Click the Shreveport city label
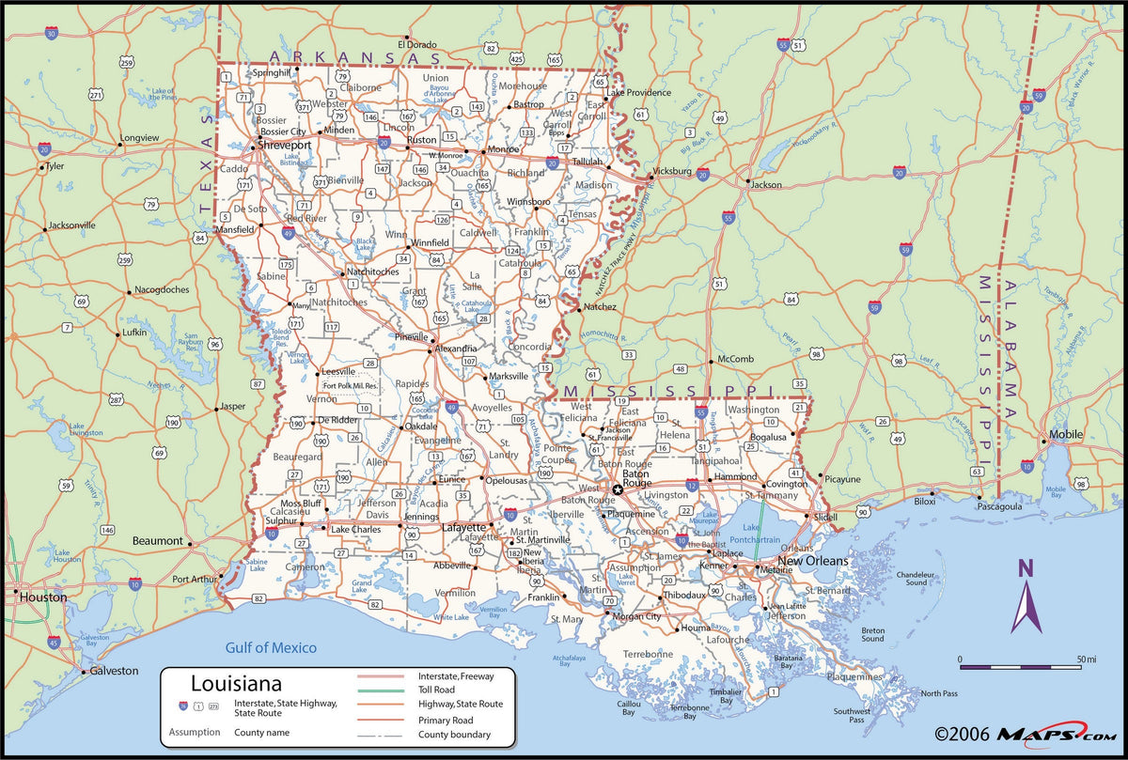pos(286,147)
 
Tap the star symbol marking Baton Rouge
pos(618,489)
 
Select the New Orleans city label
pos(812,561)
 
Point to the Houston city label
pos(38,597)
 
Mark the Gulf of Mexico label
pos(271,647)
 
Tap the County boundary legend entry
pos(454,735)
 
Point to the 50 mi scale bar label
pos(1087,659)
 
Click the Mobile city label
pos(1065,435)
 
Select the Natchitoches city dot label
pos(373,271)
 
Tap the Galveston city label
pos(115,671)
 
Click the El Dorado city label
pos(418,44)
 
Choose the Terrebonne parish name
pos(648,654)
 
